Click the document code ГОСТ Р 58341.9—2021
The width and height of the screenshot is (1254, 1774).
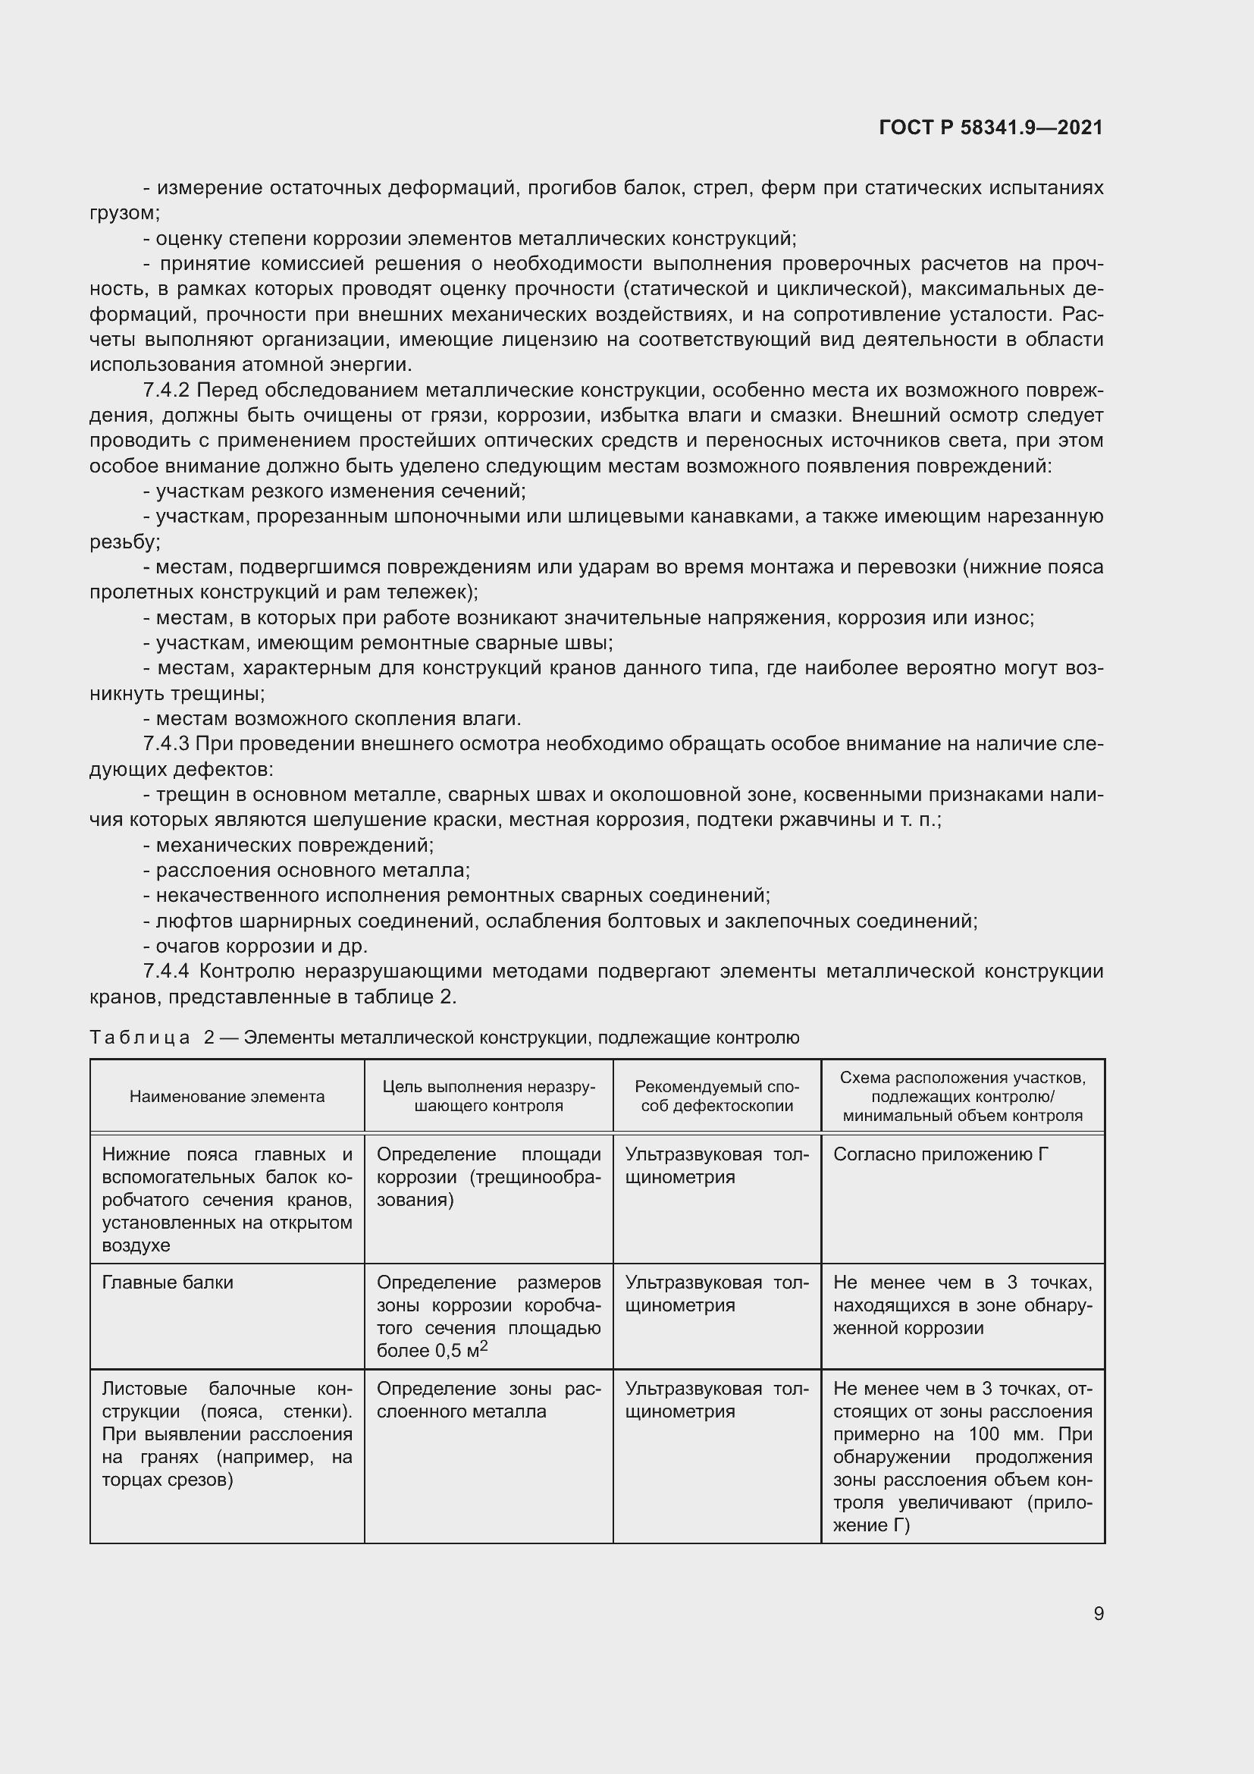(991, 128)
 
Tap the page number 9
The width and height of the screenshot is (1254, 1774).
(1098, 1613)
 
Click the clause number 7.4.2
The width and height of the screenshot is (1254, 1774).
(166, 391)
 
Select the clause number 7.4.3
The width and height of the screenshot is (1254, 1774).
(166, 744)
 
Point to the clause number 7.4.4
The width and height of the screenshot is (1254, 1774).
(166, 972)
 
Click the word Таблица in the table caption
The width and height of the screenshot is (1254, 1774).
(140, 1038)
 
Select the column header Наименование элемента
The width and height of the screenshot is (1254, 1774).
(227, 1097)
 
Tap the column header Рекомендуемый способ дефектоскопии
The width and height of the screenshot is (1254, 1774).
(716, 1097)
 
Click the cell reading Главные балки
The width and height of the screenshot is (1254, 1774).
(168, 1283)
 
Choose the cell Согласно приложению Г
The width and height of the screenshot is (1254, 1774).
(940, 1154)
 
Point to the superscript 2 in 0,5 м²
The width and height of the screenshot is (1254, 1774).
(484, 1346)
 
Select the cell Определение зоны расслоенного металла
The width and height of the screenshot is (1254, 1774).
(488, 1400)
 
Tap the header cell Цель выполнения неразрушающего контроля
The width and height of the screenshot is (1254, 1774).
(489, 1097)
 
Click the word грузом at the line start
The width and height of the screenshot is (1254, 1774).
(124, 213)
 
